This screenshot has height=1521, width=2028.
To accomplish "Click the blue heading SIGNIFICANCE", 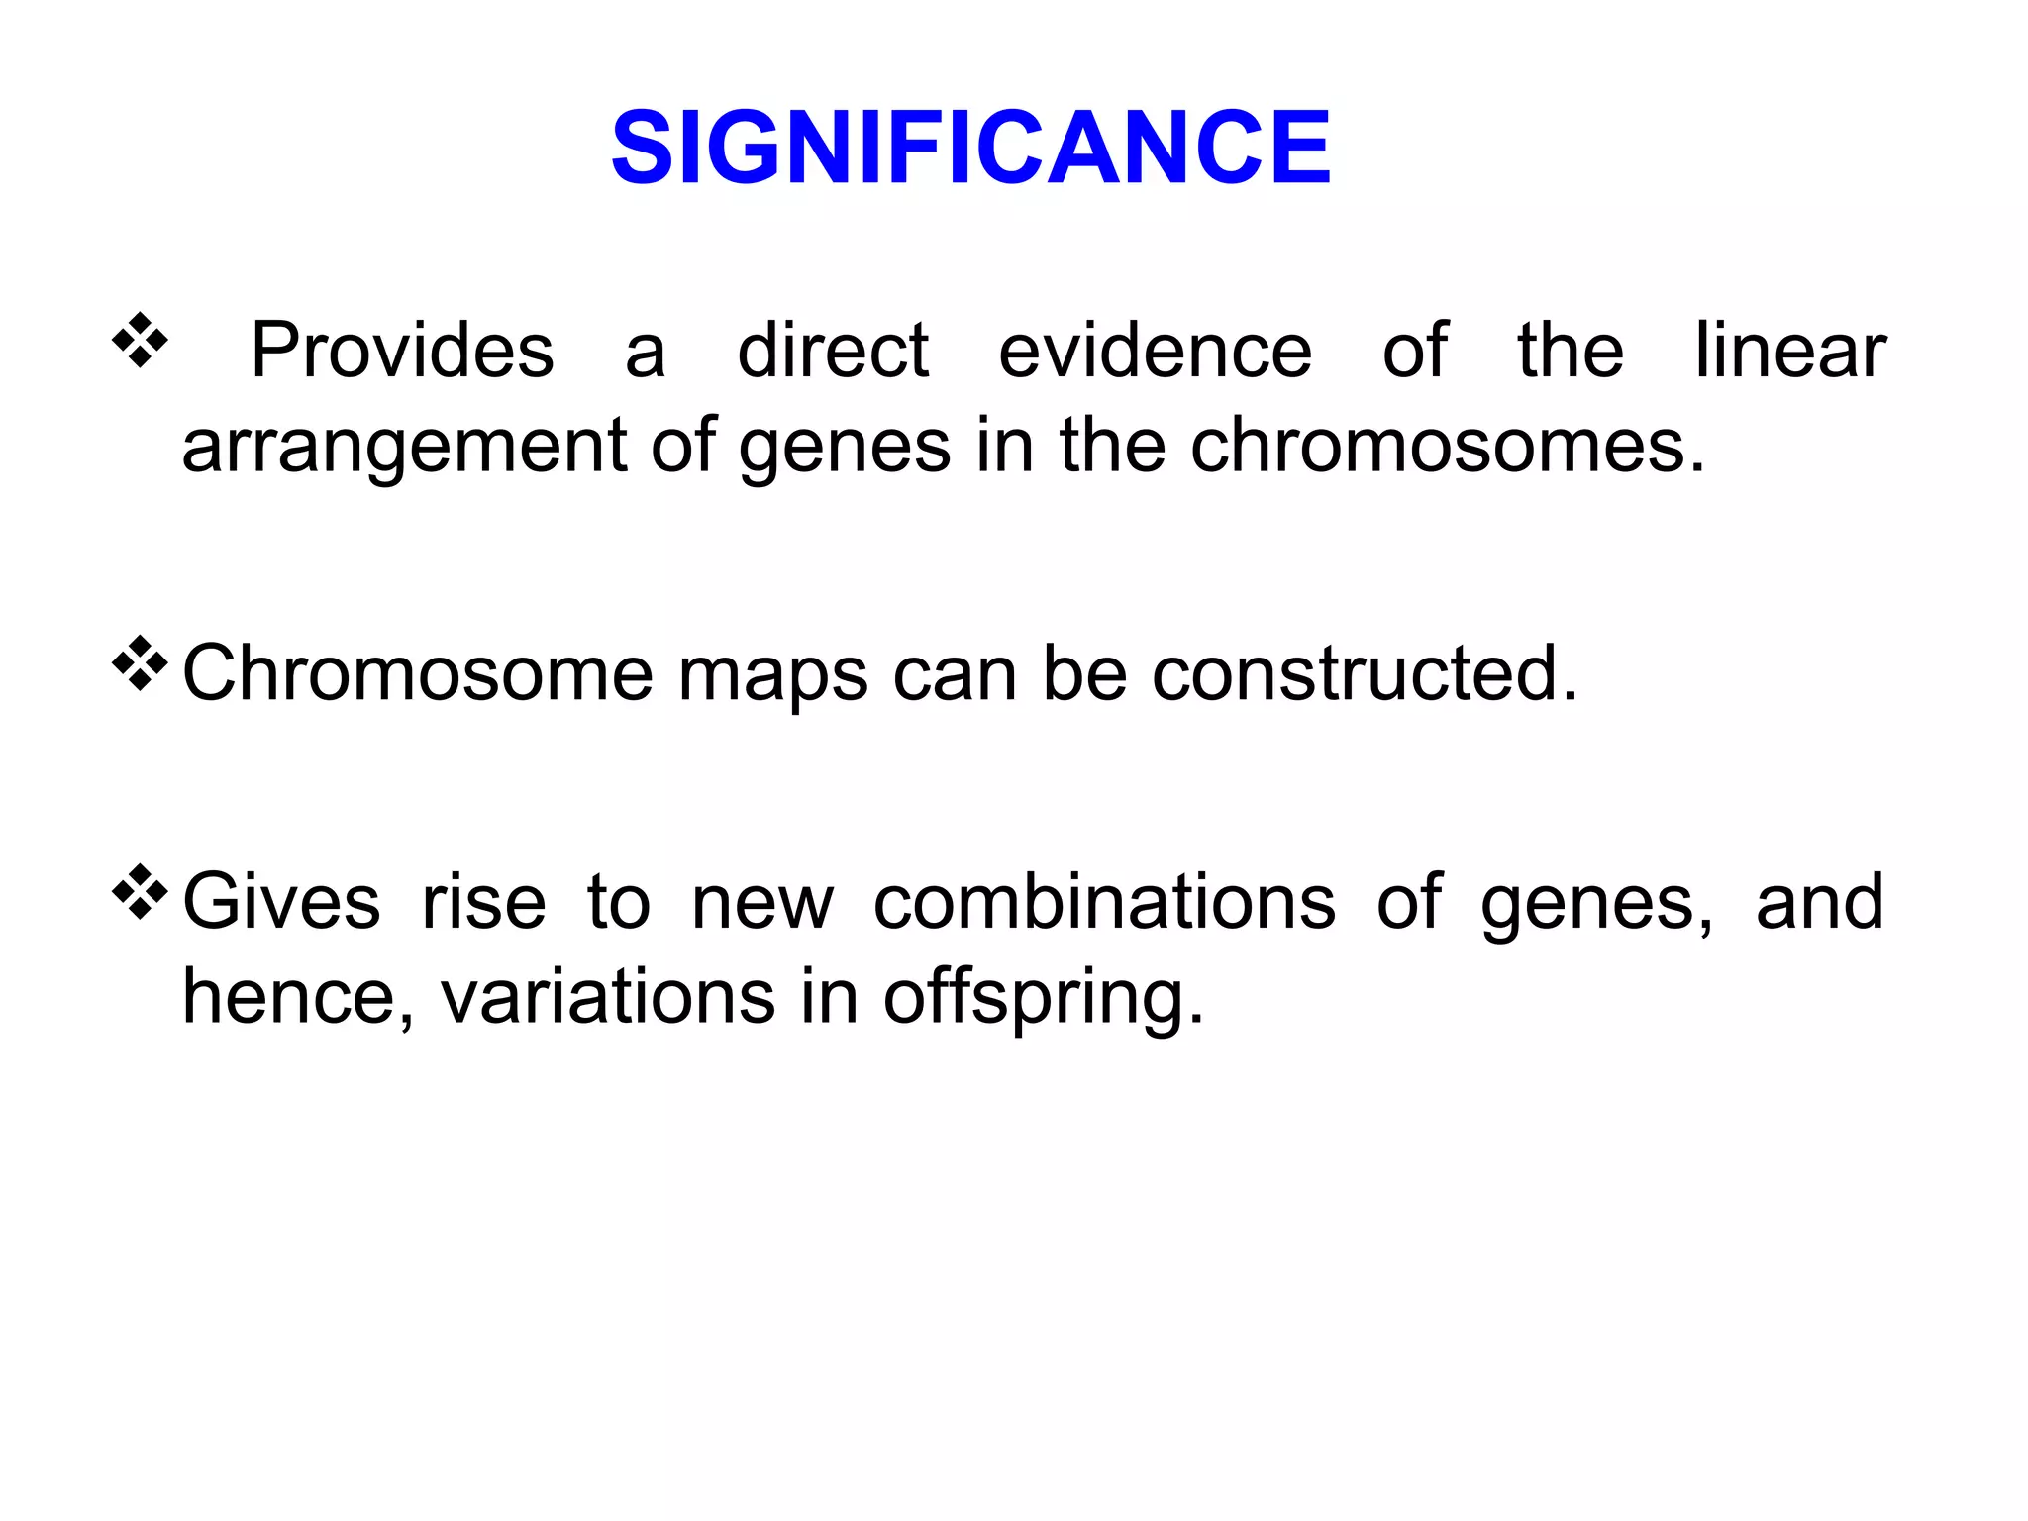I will click(970, 149).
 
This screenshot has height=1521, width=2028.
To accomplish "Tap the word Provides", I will click(402, 351).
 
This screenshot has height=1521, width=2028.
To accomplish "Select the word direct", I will click(833, 351).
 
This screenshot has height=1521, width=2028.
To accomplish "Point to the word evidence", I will click(1155, 351).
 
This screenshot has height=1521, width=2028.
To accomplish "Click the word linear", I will click(1790, 351).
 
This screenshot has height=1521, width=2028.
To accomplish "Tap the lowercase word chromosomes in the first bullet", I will click(1448, 446).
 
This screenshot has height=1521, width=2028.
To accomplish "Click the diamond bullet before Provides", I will click(140, 340).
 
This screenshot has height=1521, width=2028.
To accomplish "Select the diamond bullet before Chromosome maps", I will click(140, 663).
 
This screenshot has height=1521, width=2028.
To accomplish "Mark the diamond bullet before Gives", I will click(140, 891).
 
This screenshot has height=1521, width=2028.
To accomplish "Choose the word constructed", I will click(1365, 673).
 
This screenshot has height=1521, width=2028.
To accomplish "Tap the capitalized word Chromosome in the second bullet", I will click(418, 673).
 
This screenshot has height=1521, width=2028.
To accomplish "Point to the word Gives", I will click(282, 902).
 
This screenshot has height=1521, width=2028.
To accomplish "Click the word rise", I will click(483, 902).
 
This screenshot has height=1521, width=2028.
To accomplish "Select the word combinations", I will click(1104, 902).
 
